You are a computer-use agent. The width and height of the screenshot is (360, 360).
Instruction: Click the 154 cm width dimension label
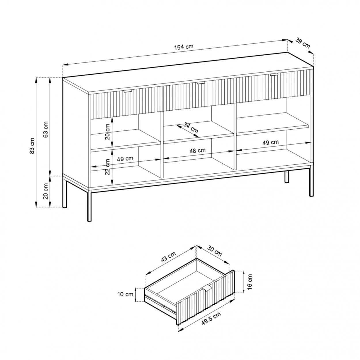point(184,47)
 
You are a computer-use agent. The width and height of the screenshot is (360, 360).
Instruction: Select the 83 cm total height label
point(32,146)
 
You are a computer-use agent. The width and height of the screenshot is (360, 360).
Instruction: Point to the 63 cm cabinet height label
point(46,130)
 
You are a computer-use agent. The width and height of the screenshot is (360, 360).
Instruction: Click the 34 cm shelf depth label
point(191,128)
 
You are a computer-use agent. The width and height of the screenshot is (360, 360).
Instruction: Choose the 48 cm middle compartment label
point(198,150)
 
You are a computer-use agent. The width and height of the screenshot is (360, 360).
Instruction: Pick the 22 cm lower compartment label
point(107,167)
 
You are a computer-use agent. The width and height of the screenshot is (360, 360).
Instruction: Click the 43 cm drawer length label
point(168,257)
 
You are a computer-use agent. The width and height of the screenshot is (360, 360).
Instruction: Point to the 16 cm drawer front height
point(249,282)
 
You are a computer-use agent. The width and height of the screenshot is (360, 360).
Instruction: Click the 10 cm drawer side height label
point(125,294)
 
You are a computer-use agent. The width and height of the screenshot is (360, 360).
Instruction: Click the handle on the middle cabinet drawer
point(201,83)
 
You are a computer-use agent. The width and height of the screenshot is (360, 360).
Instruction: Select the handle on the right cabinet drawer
point(274,75)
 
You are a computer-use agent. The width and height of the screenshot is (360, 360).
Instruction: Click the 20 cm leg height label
point(46,191)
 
